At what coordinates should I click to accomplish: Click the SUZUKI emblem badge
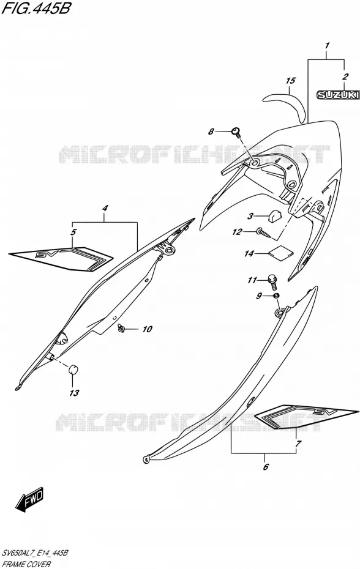(x=338, y=95)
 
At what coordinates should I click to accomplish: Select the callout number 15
(x=291, y=81)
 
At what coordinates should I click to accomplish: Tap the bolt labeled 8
(x=236, y=132)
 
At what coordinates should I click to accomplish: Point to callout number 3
(x=250, y=217)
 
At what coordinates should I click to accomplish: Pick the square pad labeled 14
(x=280, y=253)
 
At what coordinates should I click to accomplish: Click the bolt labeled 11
(x=272, y=281)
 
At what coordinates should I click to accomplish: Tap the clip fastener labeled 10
(x=121, y=329)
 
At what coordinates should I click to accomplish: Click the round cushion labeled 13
(x=73, y=370)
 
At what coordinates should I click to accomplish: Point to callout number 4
(x=105, y=208)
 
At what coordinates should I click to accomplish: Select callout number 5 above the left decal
(x=73, y=232)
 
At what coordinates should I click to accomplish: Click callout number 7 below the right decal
(x=298, y=444)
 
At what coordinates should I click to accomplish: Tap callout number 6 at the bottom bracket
(x=266, y=467)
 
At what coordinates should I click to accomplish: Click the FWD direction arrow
(x=29, y=499)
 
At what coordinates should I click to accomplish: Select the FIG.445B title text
(x=36, y=8)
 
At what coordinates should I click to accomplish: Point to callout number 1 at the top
(x=327, y=46)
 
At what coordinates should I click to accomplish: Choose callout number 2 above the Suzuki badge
(x=345, y=76)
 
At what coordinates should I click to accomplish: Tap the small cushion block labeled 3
(x=274, y=216)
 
